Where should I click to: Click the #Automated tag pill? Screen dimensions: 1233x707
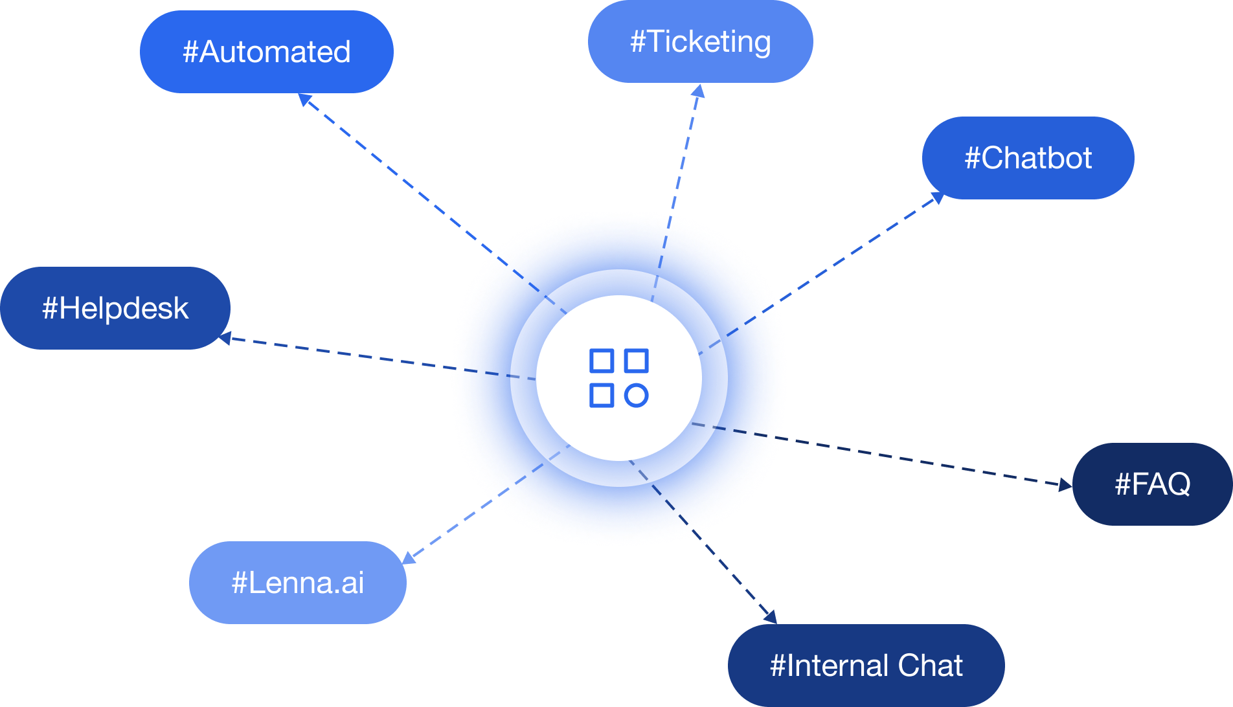(x=267, y=52)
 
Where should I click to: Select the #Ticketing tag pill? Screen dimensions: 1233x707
(x=701, y=41)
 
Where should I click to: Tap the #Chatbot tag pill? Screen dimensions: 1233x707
(x=1028, y=158)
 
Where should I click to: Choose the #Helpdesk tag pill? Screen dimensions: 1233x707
(x=115, y=308)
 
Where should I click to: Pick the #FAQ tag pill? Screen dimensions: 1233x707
(x=1153, y=484)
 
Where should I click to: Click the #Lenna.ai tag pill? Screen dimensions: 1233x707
(x=298, y=583)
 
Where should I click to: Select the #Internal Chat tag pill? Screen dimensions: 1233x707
(x=866, y=666)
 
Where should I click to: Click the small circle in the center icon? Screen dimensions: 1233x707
(x=637, y=395)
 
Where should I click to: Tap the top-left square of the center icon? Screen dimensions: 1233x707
(x=602, y=361)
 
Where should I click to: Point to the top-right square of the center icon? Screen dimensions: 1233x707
(x=637, y=361)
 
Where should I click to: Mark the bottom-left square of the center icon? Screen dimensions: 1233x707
(x=602, y=395)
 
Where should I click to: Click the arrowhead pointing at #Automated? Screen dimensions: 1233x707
(x=305, y=100)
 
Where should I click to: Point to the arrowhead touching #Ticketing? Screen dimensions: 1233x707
(x=697, y=91)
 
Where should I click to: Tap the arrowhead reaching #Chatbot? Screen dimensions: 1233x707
(x=936, y=197)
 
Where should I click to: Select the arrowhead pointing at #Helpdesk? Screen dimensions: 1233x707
(x=225, y=338)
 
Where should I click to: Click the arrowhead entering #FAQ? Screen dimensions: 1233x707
(x=1065, y=484)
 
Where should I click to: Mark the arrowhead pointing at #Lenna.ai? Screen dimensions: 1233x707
(x=409, y=557)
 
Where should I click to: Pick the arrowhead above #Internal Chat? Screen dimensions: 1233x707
(x=769, y=616)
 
